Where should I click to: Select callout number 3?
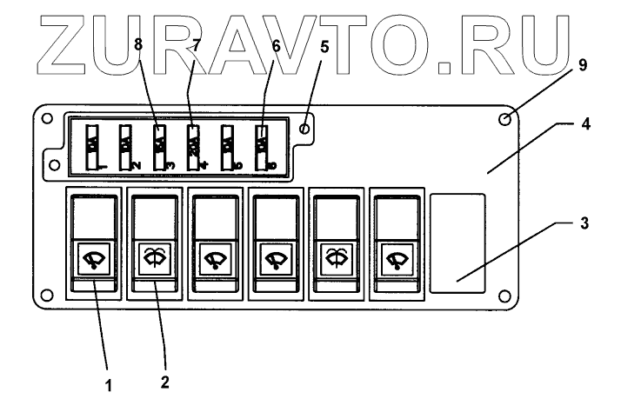click(x=584, y=223)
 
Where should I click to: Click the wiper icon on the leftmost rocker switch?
click(x=92, y=259)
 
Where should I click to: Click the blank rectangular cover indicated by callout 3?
click(x=457, y=242)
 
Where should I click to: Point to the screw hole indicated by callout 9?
click(x=504, y=120)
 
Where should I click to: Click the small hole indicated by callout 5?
click(x=304, y=129)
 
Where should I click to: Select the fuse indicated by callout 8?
click(x=159, y=145)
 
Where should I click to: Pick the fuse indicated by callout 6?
click(x=263, y=145)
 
